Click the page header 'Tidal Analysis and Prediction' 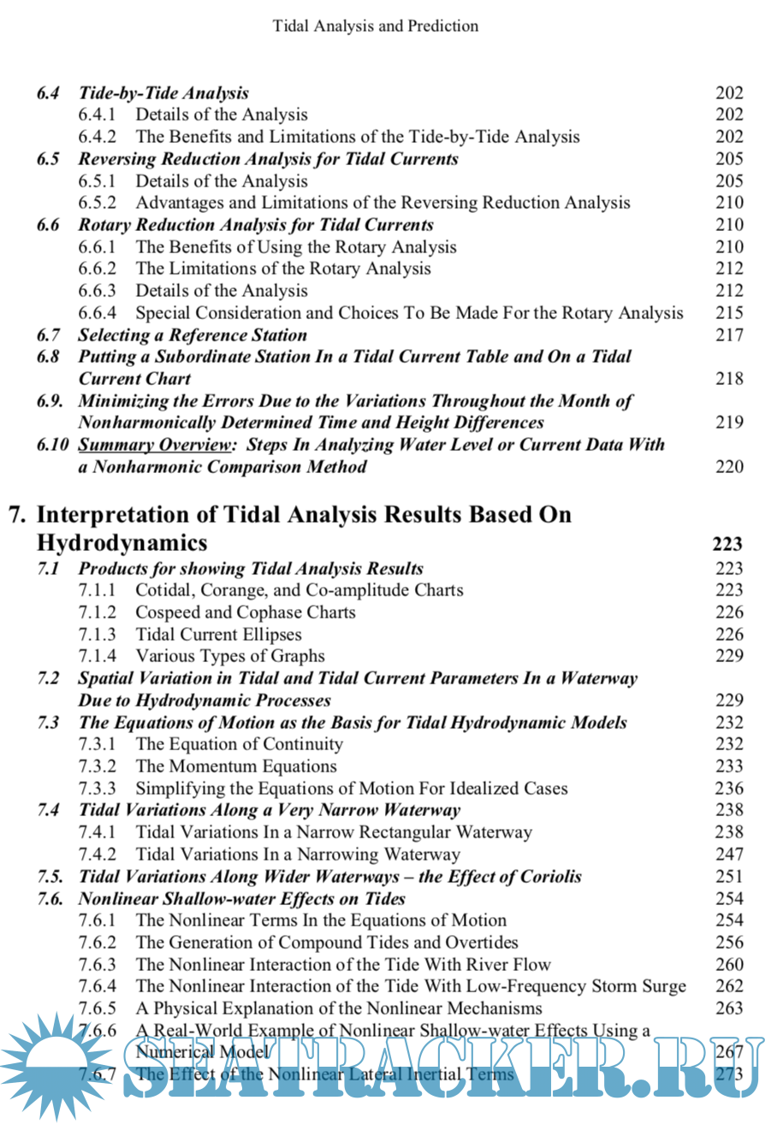tap(375, 26)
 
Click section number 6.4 tap(48, 92)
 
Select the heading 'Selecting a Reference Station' tap(193, 335)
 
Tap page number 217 tap(729, 335)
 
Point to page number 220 tap(729, 467)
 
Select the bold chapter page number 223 tap(727, 544)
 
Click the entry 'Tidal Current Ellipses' tap(219, 635)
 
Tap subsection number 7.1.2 tap(98, 612)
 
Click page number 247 tap(729, 854)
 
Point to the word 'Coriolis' tap(552, 876)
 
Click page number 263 tap(729, 1009)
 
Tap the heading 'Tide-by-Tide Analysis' tap(163, 92)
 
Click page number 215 tap(729, 313)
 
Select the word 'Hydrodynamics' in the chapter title tap(122, 543)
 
